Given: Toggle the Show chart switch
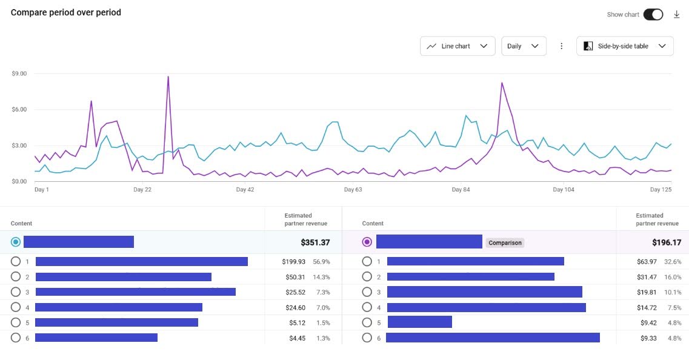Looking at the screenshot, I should click(653, 15).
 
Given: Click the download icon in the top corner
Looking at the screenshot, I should click(677, 15).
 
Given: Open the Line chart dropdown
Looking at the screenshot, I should click(458, 46).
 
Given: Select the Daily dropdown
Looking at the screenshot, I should click(524, 46).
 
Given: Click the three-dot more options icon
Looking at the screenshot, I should click(562, 46).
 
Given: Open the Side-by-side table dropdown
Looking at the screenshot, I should click(625, 46).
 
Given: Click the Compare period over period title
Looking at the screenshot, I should click(66, 13).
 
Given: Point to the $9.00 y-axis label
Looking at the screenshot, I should click(19, 74).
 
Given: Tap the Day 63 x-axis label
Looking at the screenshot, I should click(353, 190).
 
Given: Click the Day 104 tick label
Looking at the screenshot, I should click(564, 190).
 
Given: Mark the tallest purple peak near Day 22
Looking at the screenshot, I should click(168, 77).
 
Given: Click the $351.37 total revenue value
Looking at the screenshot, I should click(315, 242).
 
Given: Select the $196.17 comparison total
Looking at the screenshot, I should click(667, 242).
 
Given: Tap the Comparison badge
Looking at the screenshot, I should click(505, 243).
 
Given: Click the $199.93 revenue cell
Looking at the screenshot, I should click(294, 262).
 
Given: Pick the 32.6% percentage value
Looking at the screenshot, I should click(672, 262).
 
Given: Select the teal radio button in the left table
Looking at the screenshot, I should click(16, 242).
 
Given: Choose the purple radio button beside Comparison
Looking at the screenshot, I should click(367, 242).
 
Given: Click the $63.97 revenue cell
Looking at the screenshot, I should click(644, 262).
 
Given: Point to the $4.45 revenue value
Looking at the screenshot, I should click(298, 338).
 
